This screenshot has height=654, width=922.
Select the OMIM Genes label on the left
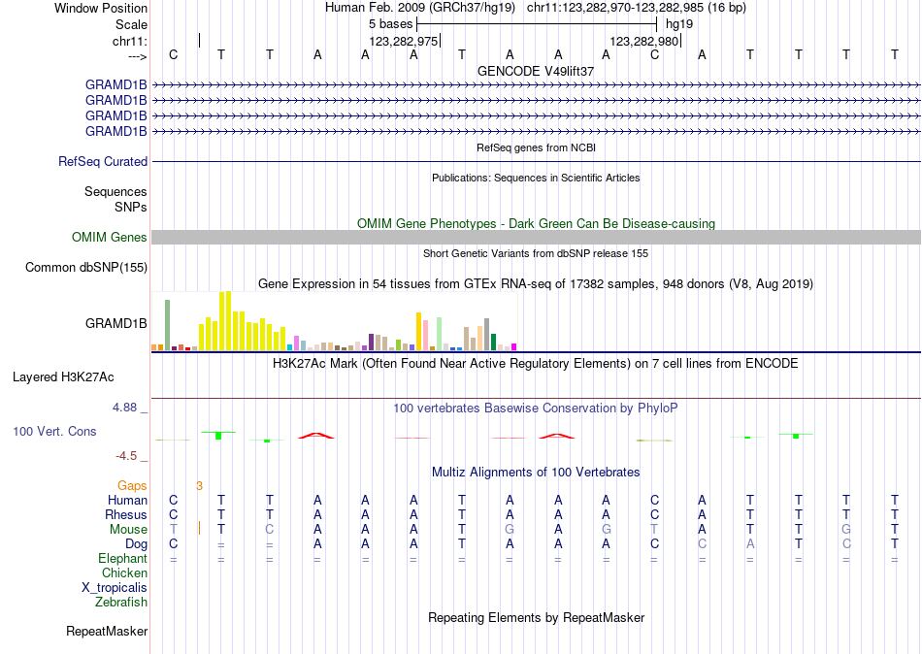click(x=110, y=238)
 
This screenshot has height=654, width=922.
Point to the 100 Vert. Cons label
click(x=54, y=431)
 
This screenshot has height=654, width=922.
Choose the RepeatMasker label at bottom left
click(x=107, y=632)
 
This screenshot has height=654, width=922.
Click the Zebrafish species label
click(x=121, y=603)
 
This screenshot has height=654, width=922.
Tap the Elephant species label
click(x=122, y=559)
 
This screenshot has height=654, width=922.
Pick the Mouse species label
click(x=128, y=530)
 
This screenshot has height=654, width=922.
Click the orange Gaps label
click(x=132, y=485)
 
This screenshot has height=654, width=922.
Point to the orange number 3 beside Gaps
click(x=199, y=485)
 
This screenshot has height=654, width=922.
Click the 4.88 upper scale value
click(x=125, y=408)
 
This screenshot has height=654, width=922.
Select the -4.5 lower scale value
click(x=127, y=456)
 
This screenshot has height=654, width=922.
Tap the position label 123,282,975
click(x=404, y=42)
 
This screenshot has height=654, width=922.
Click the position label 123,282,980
click(x=643, y=42)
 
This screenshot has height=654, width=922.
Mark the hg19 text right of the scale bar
click(x=679, y=23)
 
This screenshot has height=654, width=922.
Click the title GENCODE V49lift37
click(x=536, y=71)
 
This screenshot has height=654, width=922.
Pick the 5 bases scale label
click(x=390, y=23)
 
